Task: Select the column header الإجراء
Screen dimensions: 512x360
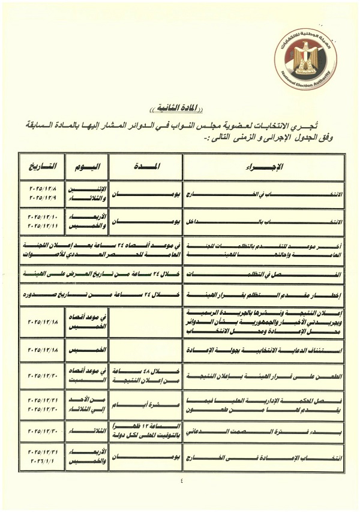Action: tap(264, 165)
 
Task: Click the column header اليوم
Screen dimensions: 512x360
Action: tap(83, 165)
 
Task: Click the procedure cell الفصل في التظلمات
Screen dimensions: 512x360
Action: tap(264, 274)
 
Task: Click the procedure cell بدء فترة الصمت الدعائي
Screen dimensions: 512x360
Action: tap(264, 430)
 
